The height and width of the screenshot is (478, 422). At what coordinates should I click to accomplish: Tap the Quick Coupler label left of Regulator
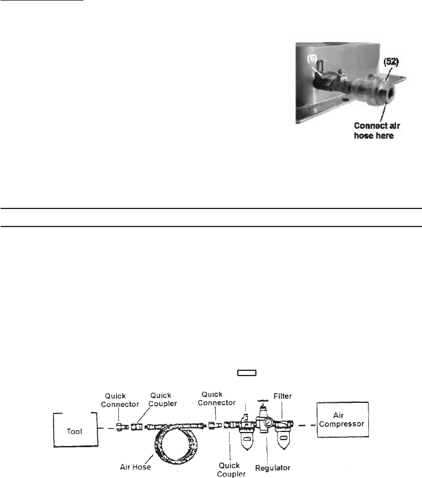tap(235, 468)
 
